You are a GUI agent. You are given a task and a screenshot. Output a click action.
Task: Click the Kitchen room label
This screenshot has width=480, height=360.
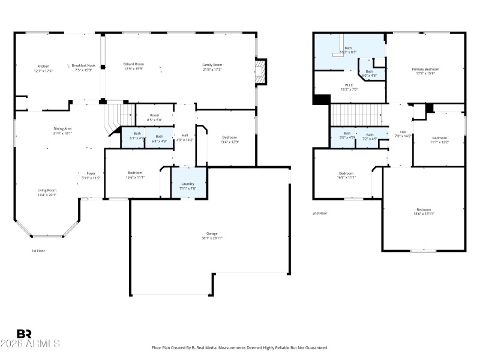[x=43, y=66]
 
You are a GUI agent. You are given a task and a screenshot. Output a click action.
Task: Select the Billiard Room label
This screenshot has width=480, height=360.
[x=133, y=64]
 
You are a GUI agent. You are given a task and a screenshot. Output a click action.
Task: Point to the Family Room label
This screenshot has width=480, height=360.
[x=212, y=64]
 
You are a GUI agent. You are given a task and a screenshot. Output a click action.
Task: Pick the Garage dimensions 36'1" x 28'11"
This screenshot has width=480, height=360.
[x=212, y=238]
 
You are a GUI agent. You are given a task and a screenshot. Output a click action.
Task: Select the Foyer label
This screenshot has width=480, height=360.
[x=91, y=173]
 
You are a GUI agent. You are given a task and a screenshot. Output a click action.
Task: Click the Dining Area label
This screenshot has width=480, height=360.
[x=62, y=128]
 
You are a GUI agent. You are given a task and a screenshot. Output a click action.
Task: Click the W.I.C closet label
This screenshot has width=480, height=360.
[x=349, y=85]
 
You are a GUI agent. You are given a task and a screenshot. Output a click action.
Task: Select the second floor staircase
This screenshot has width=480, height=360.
[x=356, y=113]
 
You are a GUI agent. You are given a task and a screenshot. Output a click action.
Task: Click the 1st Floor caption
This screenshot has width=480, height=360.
[x=38, y=251]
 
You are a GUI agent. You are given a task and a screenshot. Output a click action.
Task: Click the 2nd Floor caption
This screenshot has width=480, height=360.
[x=320, y=213]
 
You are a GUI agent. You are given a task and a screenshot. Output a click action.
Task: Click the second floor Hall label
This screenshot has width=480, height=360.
[x=403, y=132]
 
